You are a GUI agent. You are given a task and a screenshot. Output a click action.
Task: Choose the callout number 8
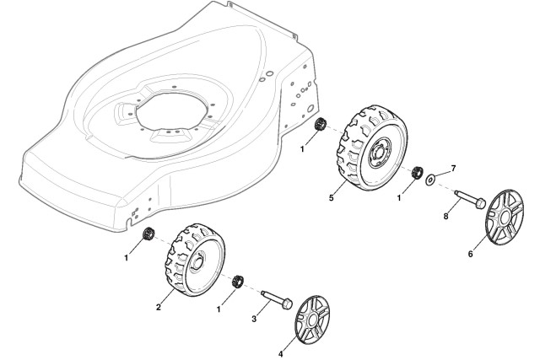pyautogui.click(x=446, y=217)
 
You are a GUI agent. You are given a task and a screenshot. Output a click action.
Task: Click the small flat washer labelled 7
pyautogui.click(x=431, y=179)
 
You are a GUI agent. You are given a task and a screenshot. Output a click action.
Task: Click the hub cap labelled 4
pyautogui.click(x=313, y=315)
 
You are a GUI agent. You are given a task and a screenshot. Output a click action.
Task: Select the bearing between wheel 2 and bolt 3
pyautogui.click(x=238, y=282)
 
